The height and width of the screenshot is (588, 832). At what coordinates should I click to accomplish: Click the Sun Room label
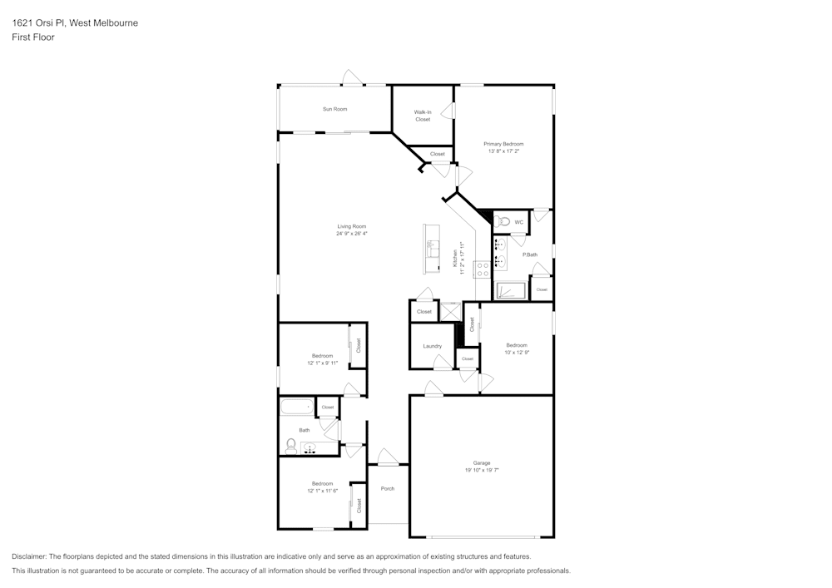pyautogui.click(x=334, y=109)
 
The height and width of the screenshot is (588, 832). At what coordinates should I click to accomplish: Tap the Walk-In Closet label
pyautogui.click(x=423, y=116)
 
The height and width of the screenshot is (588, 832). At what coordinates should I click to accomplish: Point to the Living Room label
pyautogui.click(x=351, y=226)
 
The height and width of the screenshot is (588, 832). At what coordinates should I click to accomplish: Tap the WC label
pyautogui.click(x=518, y=222)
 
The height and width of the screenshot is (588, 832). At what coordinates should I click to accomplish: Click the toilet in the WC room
pyautogui.click(x=502, y=222)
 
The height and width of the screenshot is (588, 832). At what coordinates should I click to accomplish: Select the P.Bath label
pyautogui.click(x=529, y=254)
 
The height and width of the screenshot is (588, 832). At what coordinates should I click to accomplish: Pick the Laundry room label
pyautogui.click(x=432, y=346)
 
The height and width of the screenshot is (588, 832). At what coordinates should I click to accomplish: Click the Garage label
pyautogui.click(x=482, y=462)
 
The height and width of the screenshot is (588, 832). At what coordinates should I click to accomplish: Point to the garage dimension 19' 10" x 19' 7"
pyautogui.click(x=482, y=470)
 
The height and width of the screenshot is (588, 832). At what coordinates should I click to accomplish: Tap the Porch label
pyautogui.click(x=388, y=488)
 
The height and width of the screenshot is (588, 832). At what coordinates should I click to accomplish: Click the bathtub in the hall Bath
pyautogui.click(x=296, y=408)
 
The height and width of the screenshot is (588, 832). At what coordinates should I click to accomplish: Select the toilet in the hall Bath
pyautogui.click(x=290, y=447)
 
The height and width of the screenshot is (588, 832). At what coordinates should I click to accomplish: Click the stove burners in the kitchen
pyautogui.click(x=481, y=269)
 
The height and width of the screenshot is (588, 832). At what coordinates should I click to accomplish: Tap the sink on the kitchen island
pyautogui.click(x=432, y=247)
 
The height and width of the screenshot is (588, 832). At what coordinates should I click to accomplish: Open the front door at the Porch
pyautogui.click(x=388, y=460)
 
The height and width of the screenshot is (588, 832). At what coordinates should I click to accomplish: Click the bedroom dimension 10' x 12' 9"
pyautogui.click(x=517, y=353)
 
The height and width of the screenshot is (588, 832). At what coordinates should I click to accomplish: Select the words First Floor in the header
pyautogui.click(x=33, y=37)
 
